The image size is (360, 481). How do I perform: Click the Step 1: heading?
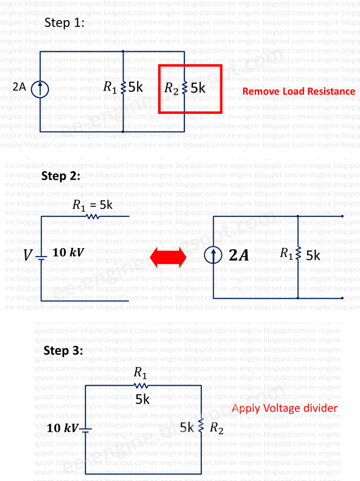click(x=64, y=24)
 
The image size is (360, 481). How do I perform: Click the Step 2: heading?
click(x=61, y=176)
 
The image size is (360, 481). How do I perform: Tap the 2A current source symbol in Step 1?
click(x=40, y=88)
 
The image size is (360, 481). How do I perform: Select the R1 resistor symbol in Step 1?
click(x=124, y=88)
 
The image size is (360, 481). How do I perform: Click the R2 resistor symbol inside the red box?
click(x=184, y=88)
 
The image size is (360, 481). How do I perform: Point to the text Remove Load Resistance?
click(x=298, y=92)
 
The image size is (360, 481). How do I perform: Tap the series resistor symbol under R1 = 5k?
click(x=93, y=217)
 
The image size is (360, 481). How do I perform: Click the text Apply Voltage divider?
click(x=285, y=408)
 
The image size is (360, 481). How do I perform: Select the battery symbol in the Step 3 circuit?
click(x=86, y=429)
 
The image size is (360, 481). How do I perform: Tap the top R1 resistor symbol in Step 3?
click(x=141, y=386)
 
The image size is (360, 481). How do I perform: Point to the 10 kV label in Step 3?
click(x=62, y=428)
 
